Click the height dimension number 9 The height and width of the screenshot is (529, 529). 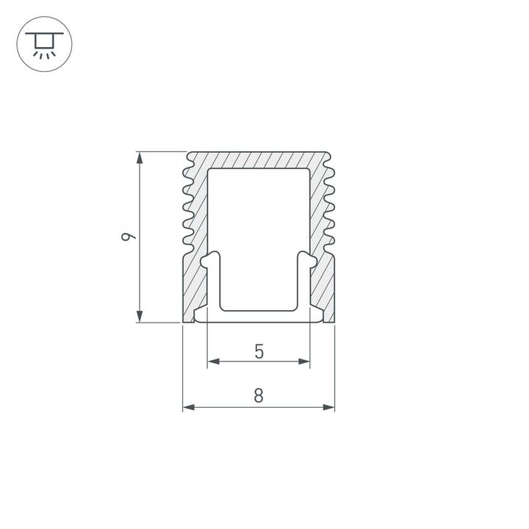(x=129, y=237)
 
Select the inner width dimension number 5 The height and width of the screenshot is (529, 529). (x=259, y=352)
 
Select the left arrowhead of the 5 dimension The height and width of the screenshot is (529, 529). (x=213, y=361)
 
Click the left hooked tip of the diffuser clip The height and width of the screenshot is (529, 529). (x=209, y=259)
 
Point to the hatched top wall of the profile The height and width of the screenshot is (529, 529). (x=259, y=159)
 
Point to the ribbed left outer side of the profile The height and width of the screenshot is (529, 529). (x=187, y=206)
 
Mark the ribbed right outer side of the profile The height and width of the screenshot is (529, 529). (x=330, y=206)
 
